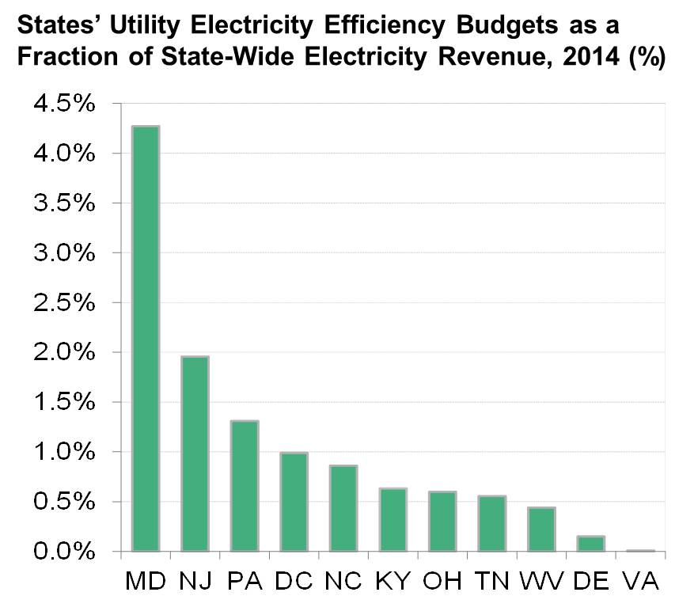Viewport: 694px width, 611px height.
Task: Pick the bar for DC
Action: [294, 502]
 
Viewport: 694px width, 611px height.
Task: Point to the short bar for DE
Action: [591, 543]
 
